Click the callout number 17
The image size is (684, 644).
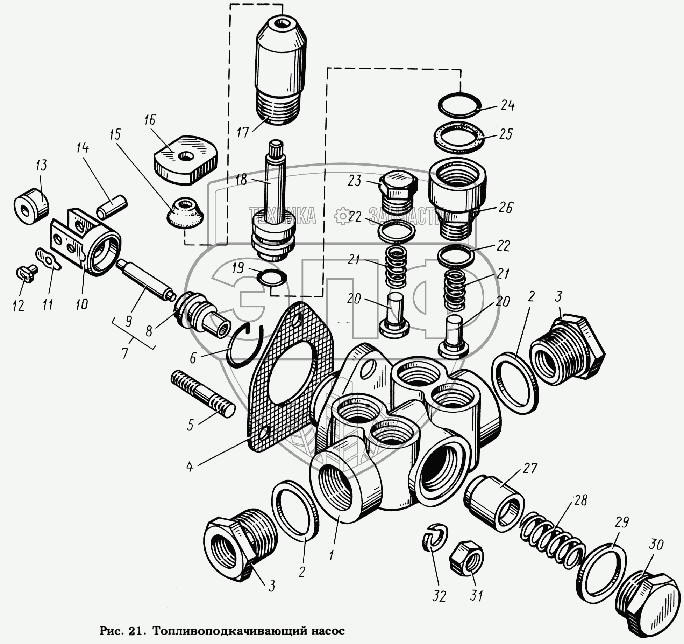click(242, 133)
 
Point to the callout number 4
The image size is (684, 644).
click(190, 467)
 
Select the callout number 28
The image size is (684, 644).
click(580, 500)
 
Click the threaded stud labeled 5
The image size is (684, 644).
click(203, 394)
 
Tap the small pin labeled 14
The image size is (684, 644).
click(113, 206)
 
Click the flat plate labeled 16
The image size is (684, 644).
click(185, 160)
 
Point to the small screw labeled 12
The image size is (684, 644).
click(27, 273)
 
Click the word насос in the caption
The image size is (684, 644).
click(328, 631)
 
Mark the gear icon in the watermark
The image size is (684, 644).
click(342, 216)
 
